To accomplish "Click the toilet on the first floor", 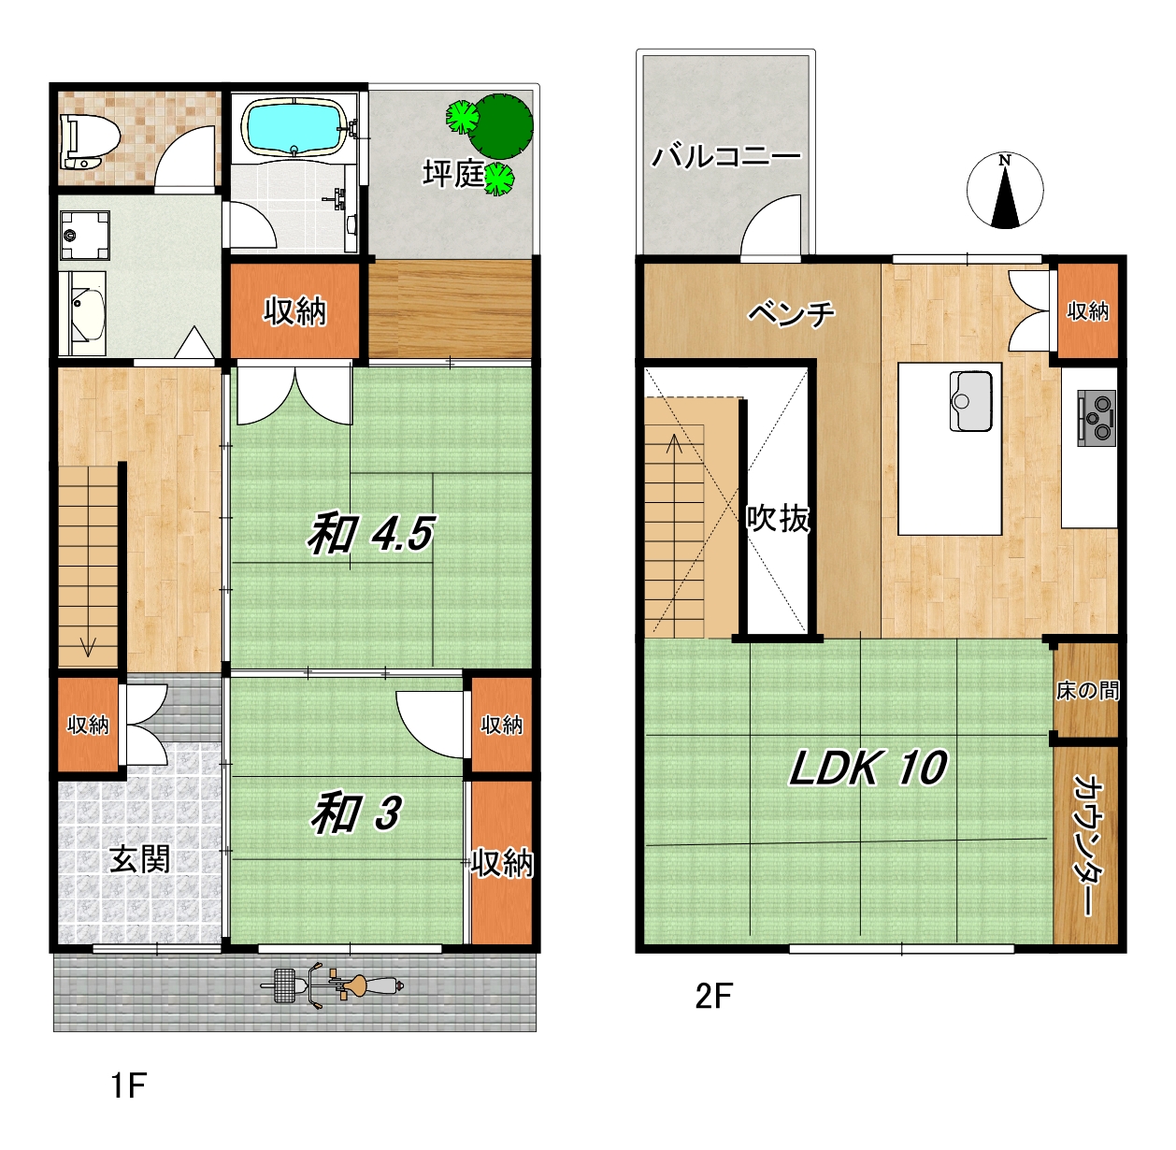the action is (x=90, y=141).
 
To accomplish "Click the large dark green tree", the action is (x=501, y=125).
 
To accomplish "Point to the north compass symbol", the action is (x=1005, y=191).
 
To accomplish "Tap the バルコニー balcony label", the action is (x=725, y=156).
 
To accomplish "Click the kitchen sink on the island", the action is (x=970, y=401).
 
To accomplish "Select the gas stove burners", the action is (x=1097, y=418).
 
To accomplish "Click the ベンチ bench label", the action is (x=792, y=313).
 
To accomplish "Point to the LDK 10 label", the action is (x=868, y=769).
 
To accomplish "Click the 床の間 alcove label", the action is (x=1088, y=690).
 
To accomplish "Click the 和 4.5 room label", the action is (x=370, y=534).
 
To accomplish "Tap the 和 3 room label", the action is (x=356, y=813).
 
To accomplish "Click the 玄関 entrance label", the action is (x=139, y=858).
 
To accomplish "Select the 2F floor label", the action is (x=713, y=996).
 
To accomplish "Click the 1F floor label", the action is (x=129, y=1085).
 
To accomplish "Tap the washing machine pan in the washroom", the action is (x=85, y=235).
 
